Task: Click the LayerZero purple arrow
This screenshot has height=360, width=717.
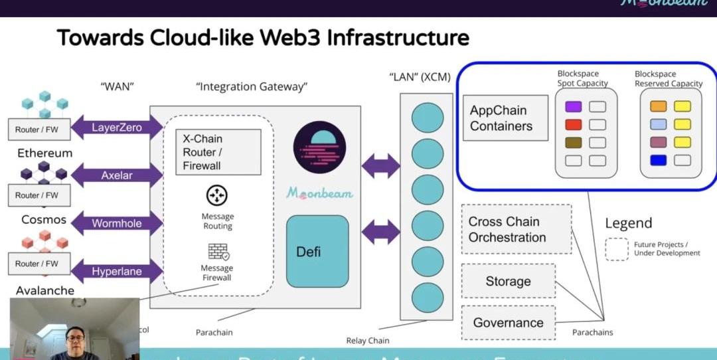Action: coord(117,128)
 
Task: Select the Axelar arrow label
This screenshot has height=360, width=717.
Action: coord(117,176)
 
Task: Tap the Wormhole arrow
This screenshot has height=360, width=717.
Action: coord(117,223)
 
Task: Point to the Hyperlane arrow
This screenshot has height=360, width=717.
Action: coord(117,271)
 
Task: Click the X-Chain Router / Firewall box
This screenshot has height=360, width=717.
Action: coord(218,152)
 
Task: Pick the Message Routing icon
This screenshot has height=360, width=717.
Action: coord(217,195)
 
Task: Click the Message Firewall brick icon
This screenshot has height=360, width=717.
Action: coord(218,252)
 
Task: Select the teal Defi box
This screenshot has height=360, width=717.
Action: coord(317,251)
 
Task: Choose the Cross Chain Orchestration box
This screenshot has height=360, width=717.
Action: coord(516,229)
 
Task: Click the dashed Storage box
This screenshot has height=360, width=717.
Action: coord(508,281)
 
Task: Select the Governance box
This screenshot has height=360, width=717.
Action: coord(508,323)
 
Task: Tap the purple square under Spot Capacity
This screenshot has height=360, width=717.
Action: coord(573,106)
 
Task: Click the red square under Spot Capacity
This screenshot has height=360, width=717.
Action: coord(573,124)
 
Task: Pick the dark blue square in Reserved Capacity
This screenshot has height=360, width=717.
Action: coord(658,160)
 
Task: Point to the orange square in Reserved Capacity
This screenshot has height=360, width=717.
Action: coord(658,106)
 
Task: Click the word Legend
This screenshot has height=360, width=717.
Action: coord(628,223)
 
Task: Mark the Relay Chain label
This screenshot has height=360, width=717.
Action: coord(368,341)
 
